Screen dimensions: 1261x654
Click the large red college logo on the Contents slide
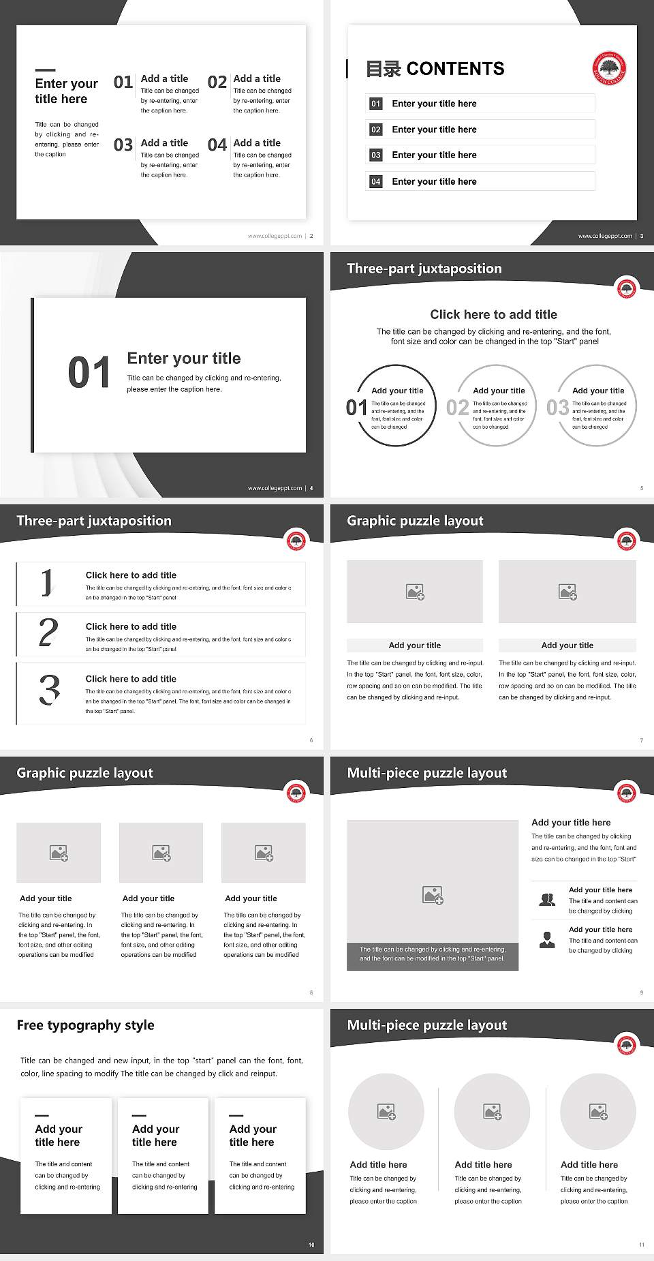(x=609, y=68)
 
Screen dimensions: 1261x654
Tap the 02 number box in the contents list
(x=376, y=130)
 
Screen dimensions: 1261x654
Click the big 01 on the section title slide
(x=89, y=373)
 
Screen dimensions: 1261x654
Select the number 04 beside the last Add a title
(x=217, y=145)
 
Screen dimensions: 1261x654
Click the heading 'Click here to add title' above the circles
(x=493, y=314)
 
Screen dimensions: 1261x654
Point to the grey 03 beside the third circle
(x=558, y=408)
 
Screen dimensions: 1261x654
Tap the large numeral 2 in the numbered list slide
(x=48, y=633)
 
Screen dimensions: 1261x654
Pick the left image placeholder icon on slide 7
(x=415, y=592)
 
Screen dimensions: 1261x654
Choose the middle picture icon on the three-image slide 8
(x=161, y=853)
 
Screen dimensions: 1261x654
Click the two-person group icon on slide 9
(x=547, y=900)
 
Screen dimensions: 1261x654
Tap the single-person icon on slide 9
(x=547, y=940)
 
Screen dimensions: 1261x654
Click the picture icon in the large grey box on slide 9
(x=433, y=895)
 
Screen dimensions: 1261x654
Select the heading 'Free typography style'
(x=85, y=1025)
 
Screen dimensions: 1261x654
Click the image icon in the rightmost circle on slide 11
(x=598, y=1112)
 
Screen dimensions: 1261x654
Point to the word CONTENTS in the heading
(x=455, y=69)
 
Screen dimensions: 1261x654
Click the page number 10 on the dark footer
(x=311, y=1245)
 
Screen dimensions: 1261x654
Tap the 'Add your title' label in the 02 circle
(x=499, y=391)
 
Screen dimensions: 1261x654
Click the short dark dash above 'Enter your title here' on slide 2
(x=45, y=70)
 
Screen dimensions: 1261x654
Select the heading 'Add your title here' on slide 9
(x=571, y=823)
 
